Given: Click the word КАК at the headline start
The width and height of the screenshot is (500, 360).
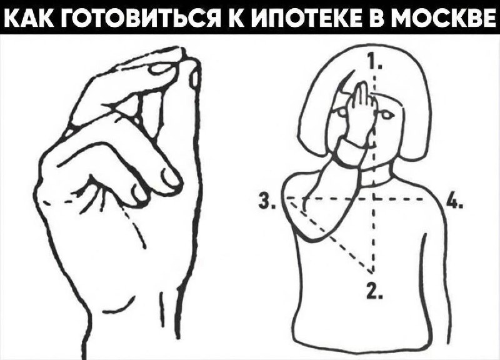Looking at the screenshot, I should click(31, 16).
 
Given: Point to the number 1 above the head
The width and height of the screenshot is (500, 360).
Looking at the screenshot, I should click(373, 62).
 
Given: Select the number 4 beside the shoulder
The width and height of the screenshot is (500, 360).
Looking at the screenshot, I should click(454, 202).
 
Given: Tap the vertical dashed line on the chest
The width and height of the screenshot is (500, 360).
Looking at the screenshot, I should click(373, 237).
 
